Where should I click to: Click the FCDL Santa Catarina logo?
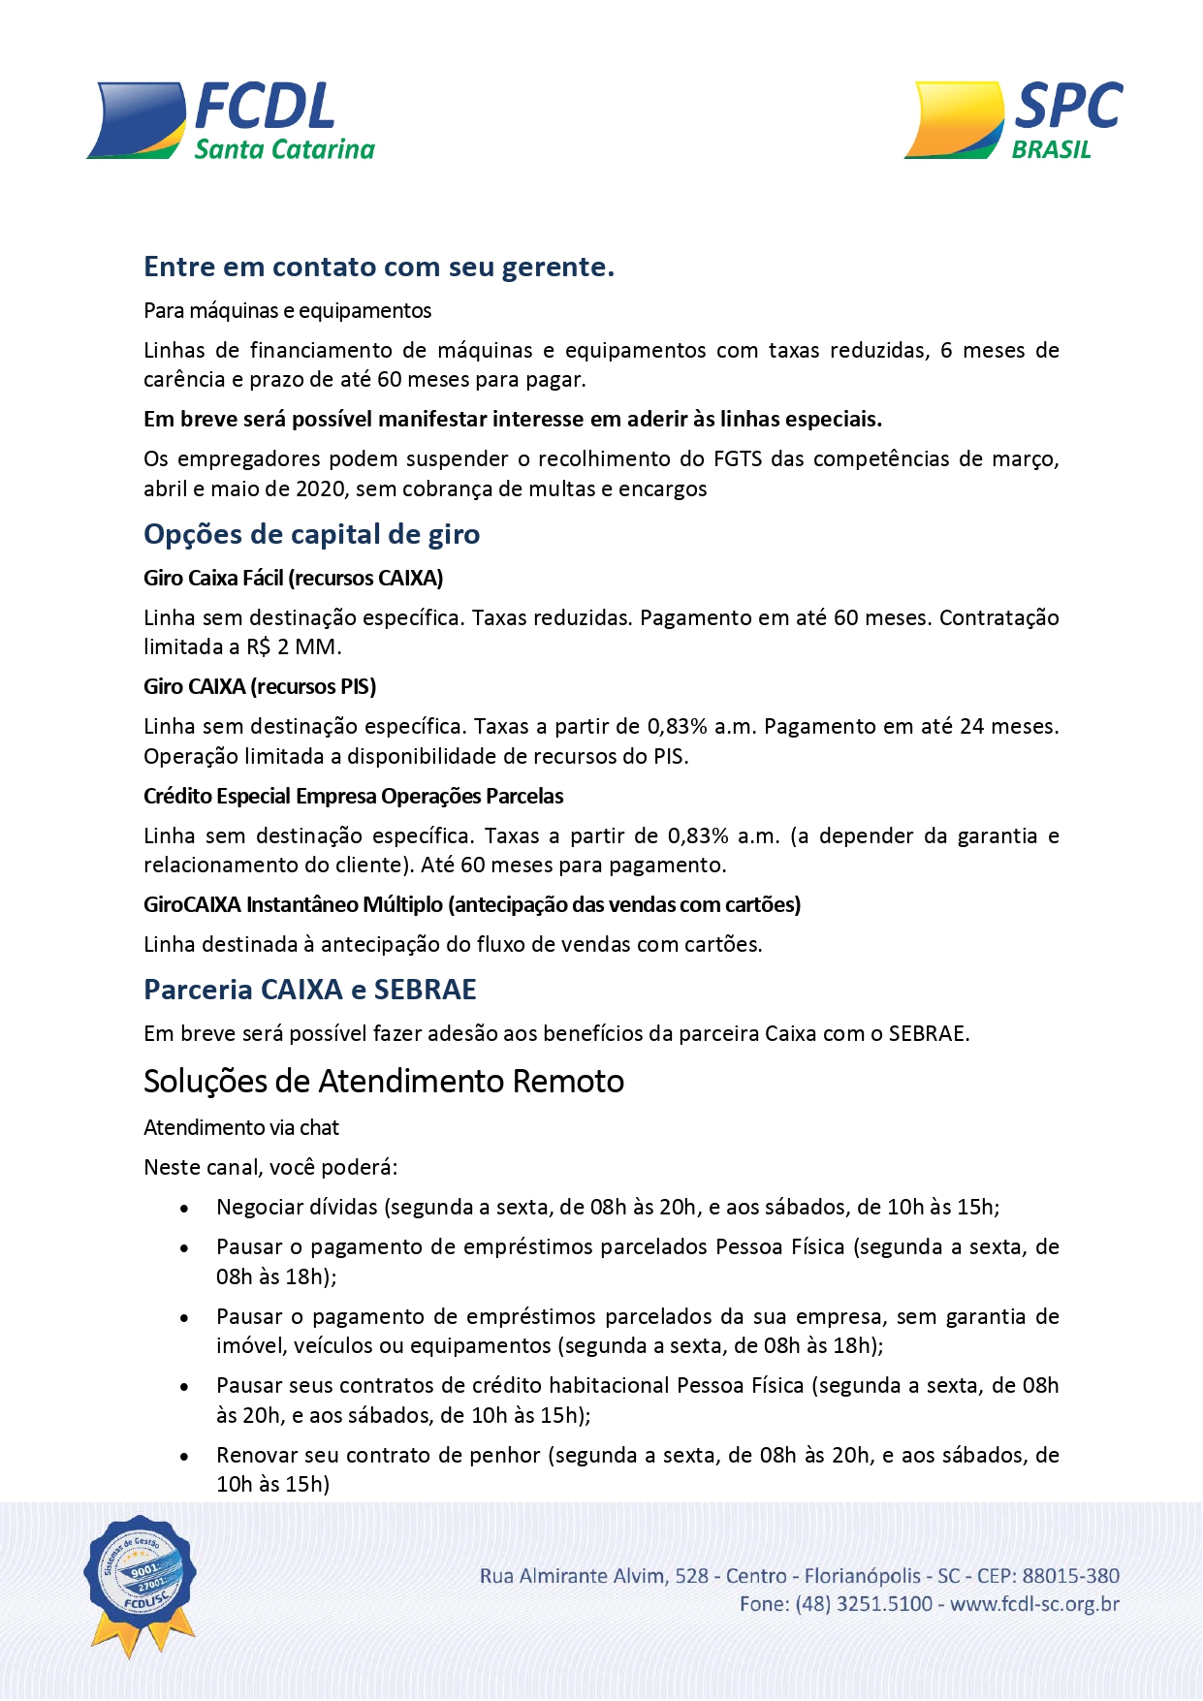[231, 121]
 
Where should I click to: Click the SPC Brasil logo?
[1013, 121]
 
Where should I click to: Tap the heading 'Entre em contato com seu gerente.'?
[379, 267]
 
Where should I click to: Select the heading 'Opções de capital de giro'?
[311, 534]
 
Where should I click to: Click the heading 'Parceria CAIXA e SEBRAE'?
[310, 990]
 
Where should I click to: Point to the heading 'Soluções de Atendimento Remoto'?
[384, 1081]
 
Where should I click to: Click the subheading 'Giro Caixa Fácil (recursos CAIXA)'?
[293, 579]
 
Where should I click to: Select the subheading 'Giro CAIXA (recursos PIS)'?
[260, 687]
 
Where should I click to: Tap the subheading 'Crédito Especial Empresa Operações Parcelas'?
[353, 797]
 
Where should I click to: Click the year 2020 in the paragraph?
[320, 489]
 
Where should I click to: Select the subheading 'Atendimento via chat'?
[241, 1128]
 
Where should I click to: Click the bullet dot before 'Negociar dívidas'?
[184, 1209]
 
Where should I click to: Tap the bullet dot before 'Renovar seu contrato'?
[184, 1457]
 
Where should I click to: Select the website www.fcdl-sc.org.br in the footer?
[1034, 1604]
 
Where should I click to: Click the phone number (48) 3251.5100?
[864, 1604]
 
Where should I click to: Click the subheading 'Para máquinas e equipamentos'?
[287, 311]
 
